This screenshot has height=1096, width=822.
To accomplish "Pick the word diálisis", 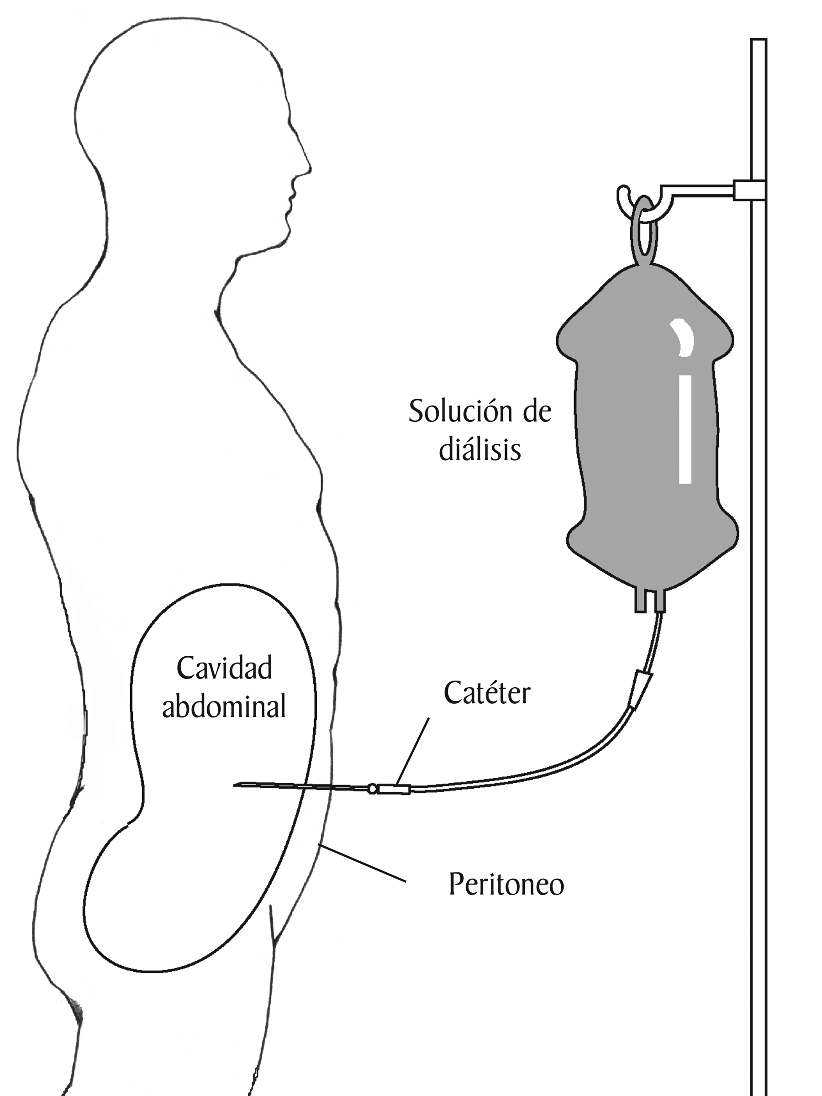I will (479, 450).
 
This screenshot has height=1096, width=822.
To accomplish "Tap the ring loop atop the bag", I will (643, 231).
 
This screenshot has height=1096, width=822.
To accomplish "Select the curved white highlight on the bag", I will (684, 337).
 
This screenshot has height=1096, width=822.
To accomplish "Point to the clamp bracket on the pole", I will (748, 190).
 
